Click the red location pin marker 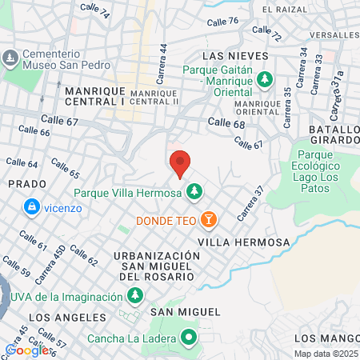click(x=180, y=164)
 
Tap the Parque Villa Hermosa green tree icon click(x=193, y=192)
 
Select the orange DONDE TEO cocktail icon click(x=208, y=218)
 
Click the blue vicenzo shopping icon click(x=31, y=207)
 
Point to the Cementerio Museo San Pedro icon click(x=10, y=58)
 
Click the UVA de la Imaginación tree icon click(x=134, y=297)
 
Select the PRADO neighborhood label click(x=22, y=183)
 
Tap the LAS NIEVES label click(x=232, y=56)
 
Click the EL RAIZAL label click(x=284, y=9)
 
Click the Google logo click(x=26, y=350)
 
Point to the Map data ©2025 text click(x=326, y=354)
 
